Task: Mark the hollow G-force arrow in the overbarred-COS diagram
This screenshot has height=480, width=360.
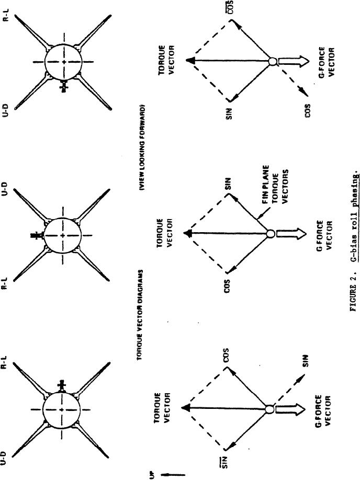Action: [x=290, y=61]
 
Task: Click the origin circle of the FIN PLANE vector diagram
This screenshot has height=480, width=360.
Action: [x=270, y=234]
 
